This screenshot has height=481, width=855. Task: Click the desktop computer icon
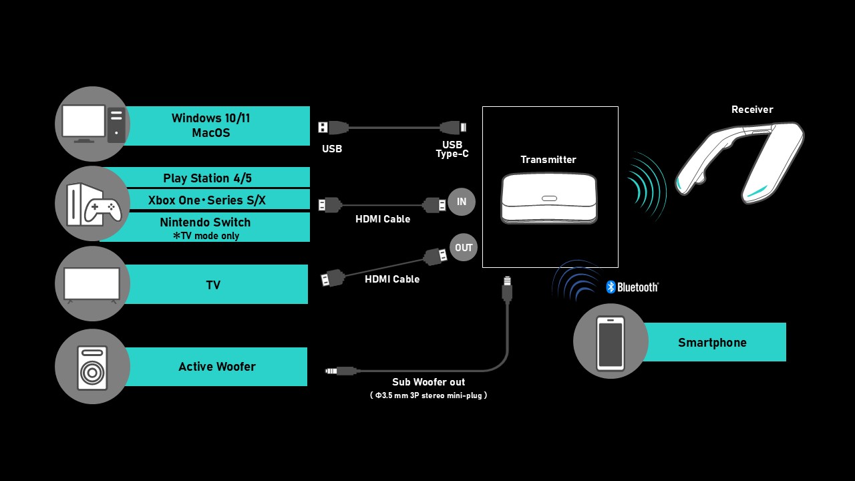point(93,124)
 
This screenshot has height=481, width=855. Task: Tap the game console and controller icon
point(93,204)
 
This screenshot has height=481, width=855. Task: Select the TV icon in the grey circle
point(92,284)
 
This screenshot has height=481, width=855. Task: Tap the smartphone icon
point(611,342)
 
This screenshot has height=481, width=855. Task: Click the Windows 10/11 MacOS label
point(211,126)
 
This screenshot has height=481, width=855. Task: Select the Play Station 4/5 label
point(207,178)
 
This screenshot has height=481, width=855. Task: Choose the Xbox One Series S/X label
point(207,200)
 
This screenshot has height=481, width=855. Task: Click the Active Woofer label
point(216,366)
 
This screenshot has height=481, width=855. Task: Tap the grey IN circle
point(462,202)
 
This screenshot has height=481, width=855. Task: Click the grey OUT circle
point(464,247)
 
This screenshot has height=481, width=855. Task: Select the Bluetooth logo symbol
point(611,287)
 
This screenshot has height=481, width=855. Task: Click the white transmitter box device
point(549,198)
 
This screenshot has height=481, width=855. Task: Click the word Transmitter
point(548,160)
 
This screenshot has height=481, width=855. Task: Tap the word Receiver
point(752,110)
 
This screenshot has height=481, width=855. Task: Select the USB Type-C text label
point(452,150)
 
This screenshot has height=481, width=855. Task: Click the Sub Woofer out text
point(429,382)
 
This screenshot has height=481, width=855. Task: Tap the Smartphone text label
point(712,343)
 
